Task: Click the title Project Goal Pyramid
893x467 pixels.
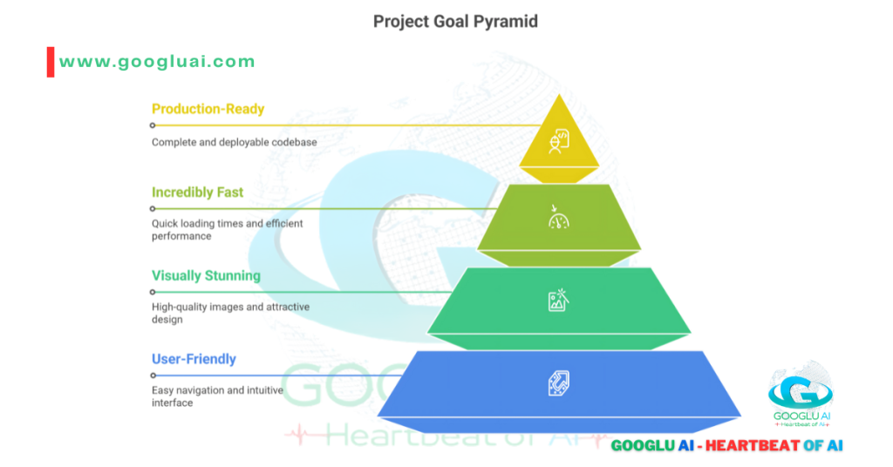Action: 455,21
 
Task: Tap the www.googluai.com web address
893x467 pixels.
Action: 157,62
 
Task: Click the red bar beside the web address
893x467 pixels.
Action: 51,62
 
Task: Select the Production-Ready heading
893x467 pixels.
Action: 208,109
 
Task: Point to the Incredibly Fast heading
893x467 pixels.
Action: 197,193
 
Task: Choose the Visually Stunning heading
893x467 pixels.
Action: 206,276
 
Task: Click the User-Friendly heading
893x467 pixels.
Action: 194,359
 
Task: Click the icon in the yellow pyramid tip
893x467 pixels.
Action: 559,139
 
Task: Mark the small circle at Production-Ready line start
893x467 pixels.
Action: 153,125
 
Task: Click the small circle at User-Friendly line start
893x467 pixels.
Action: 153,376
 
